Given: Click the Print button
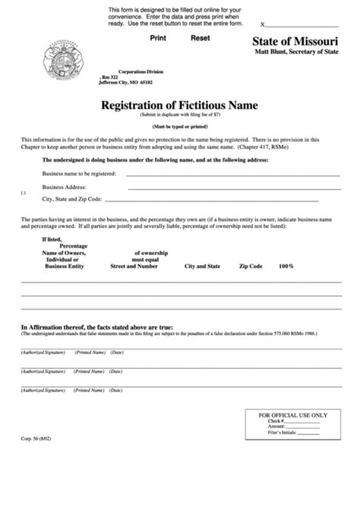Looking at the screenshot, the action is pos(158,37).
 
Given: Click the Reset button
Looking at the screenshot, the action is pos(201,37).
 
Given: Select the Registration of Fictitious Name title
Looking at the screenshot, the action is pos(180,106).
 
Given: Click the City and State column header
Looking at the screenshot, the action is pos(202,267).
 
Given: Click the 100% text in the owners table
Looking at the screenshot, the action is pos(286,267).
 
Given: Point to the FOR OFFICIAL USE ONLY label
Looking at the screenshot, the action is pos(293,415).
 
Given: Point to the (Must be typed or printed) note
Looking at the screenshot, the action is pos(180,126).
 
